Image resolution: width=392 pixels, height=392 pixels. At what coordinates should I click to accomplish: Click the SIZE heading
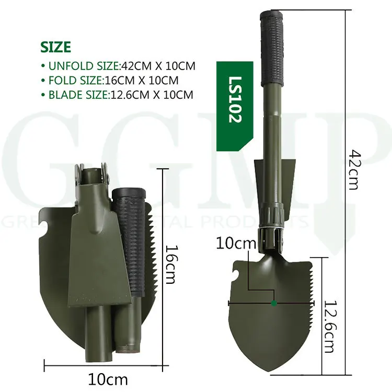tap(55, 47)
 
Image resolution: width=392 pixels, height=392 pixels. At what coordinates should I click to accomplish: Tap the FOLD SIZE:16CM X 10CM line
tap(109, 80)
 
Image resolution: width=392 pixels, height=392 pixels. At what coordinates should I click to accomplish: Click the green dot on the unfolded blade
tap(273, 303)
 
